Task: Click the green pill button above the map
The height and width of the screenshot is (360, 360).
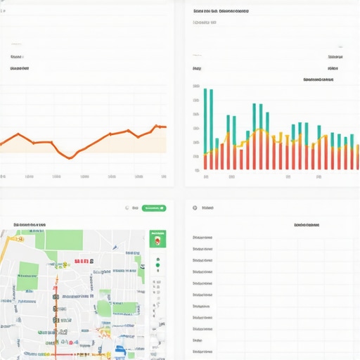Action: tap(154, 208)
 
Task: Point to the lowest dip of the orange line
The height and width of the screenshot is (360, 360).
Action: tap(69, 157)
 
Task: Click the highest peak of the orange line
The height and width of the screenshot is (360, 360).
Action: tap(155, 127)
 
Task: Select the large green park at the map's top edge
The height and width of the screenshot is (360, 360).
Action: tap(64, 240)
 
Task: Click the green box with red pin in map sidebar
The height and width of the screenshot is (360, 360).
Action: tap(158, 240)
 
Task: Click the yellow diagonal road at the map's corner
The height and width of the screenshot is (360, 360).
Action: tap(6, 246)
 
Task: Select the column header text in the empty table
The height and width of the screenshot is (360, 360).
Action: tap(306, 225)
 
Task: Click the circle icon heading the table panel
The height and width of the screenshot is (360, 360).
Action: tap(195, 208)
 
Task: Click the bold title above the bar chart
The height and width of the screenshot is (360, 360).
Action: tap(221, 11)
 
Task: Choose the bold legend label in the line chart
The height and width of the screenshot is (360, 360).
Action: tap(20, 69)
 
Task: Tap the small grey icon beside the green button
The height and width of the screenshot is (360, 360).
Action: tap(127, 208)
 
